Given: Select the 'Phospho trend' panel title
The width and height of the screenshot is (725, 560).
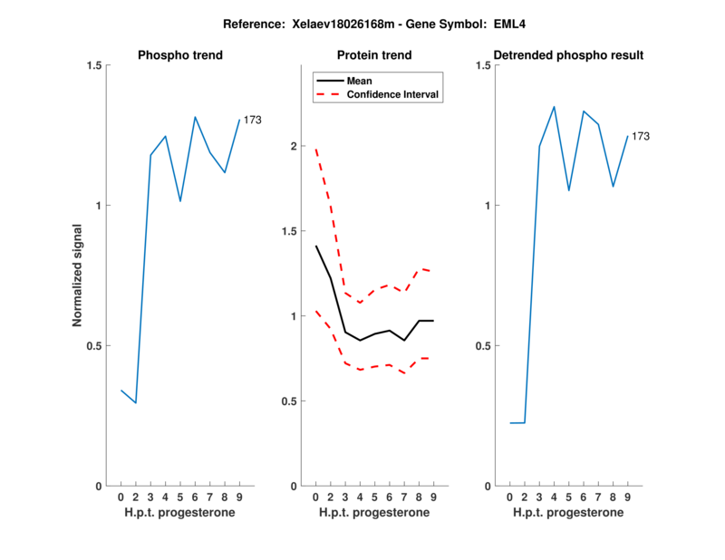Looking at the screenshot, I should coord(179,55).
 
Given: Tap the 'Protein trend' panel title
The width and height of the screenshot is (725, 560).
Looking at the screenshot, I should coord(373,55).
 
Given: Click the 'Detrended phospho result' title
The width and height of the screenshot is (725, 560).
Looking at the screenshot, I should coord(567,55).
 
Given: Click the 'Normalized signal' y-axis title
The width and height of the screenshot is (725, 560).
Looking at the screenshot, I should coord(77,275).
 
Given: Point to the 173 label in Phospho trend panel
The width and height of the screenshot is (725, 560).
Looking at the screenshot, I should coord(252,120).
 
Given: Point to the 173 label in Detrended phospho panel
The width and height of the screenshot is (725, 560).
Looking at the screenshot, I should coord(640,136).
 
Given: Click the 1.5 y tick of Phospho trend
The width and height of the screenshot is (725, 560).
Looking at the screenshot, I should coord(93,65).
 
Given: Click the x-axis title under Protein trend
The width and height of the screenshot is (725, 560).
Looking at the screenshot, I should coord(373,513).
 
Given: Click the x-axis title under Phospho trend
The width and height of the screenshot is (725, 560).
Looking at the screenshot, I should coord(179,513).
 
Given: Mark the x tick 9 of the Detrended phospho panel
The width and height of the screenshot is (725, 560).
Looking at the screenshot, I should coord(627,497).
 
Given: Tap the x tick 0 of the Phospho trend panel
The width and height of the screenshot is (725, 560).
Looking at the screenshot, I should coord(121,497).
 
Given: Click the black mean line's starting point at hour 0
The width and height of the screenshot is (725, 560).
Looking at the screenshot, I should coord(315,246).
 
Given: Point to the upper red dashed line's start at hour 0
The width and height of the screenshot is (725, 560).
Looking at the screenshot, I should coord(315,148).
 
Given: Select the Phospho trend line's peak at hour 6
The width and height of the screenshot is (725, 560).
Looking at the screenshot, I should coord(195,117).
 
